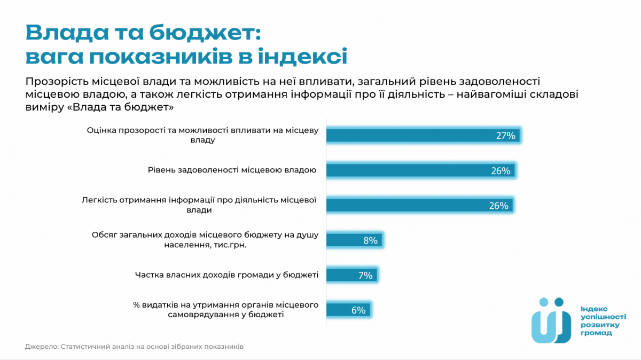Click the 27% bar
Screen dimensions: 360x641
423,136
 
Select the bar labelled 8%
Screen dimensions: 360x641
354,240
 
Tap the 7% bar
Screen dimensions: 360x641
351,275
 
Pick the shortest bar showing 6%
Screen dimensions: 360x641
348,310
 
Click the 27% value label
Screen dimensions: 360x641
505,136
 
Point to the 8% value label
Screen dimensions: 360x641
370,240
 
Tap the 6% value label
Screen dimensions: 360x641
358,310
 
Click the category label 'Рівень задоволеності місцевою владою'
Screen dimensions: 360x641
232,170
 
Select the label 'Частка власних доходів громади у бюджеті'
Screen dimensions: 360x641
226,275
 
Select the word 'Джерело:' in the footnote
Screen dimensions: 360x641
41,346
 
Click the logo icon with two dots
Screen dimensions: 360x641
551,320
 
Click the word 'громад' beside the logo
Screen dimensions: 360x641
596,333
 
